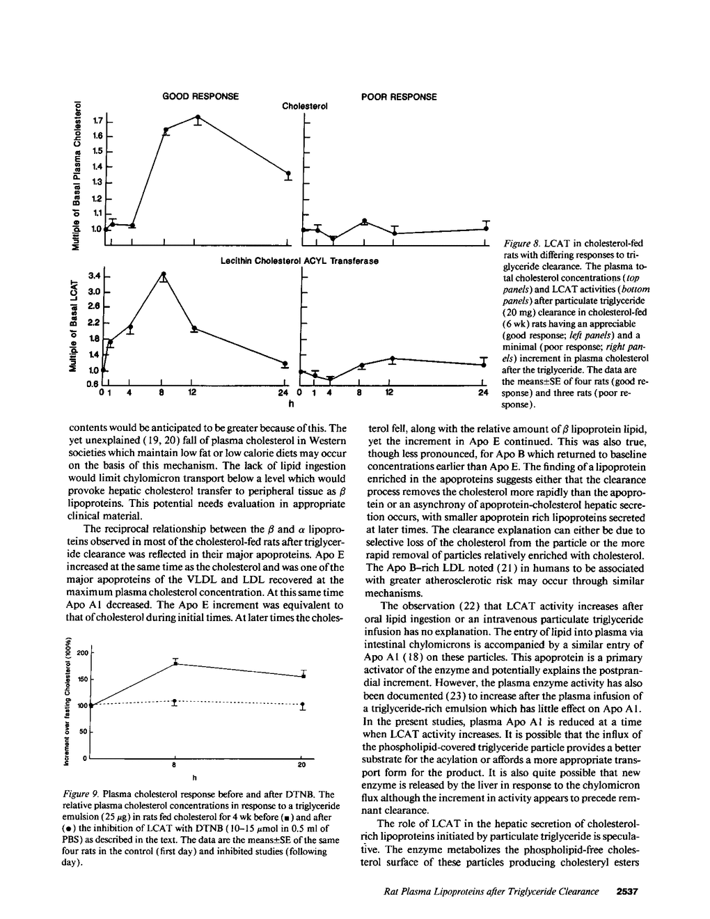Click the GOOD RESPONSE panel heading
[x=200, y=96]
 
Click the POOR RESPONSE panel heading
[x=399, y=96]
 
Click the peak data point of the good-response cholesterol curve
[x=198, y=118]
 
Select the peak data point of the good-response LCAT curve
[x=164, y=274]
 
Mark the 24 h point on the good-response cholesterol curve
[x=288, y=173]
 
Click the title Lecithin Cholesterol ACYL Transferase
[x=299, y=261]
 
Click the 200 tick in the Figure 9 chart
[x=82, y=652]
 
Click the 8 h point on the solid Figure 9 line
[x=175, y=663]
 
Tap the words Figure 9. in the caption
[x=81, y=794]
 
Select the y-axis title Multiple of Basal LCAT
[x=72, y=324]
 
